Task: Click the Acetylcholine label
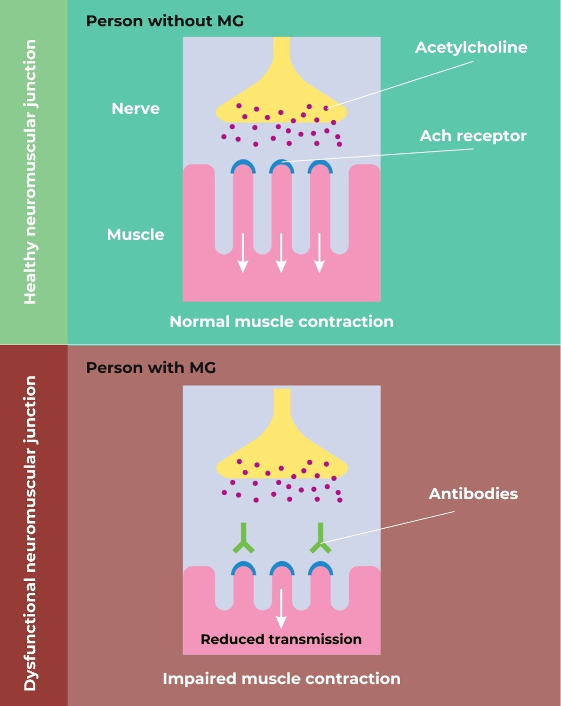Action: click(471, 47)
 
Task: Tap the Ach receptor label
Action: click(473, 136)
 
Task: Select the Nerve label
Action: click(136, 109)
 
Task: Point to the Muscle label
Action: click(136, 235)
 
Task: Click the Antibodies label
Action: click(473, 494)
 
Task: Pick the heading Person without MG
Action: click(165, 21)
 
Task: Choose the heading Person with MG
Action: click(151, 368)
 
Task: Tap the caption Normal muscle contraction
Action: click(281, 322)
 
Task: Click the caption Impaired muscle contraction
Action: click(281, 679)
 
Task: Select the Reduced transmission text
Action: click(281, 639)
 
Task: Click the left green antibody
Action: click(243, 538)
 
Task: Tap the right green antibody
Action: click(321, 538)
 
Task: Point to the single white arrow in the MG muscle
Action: click(281, 609)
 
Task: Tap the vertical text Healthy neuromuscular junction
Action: click(30, 172)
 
